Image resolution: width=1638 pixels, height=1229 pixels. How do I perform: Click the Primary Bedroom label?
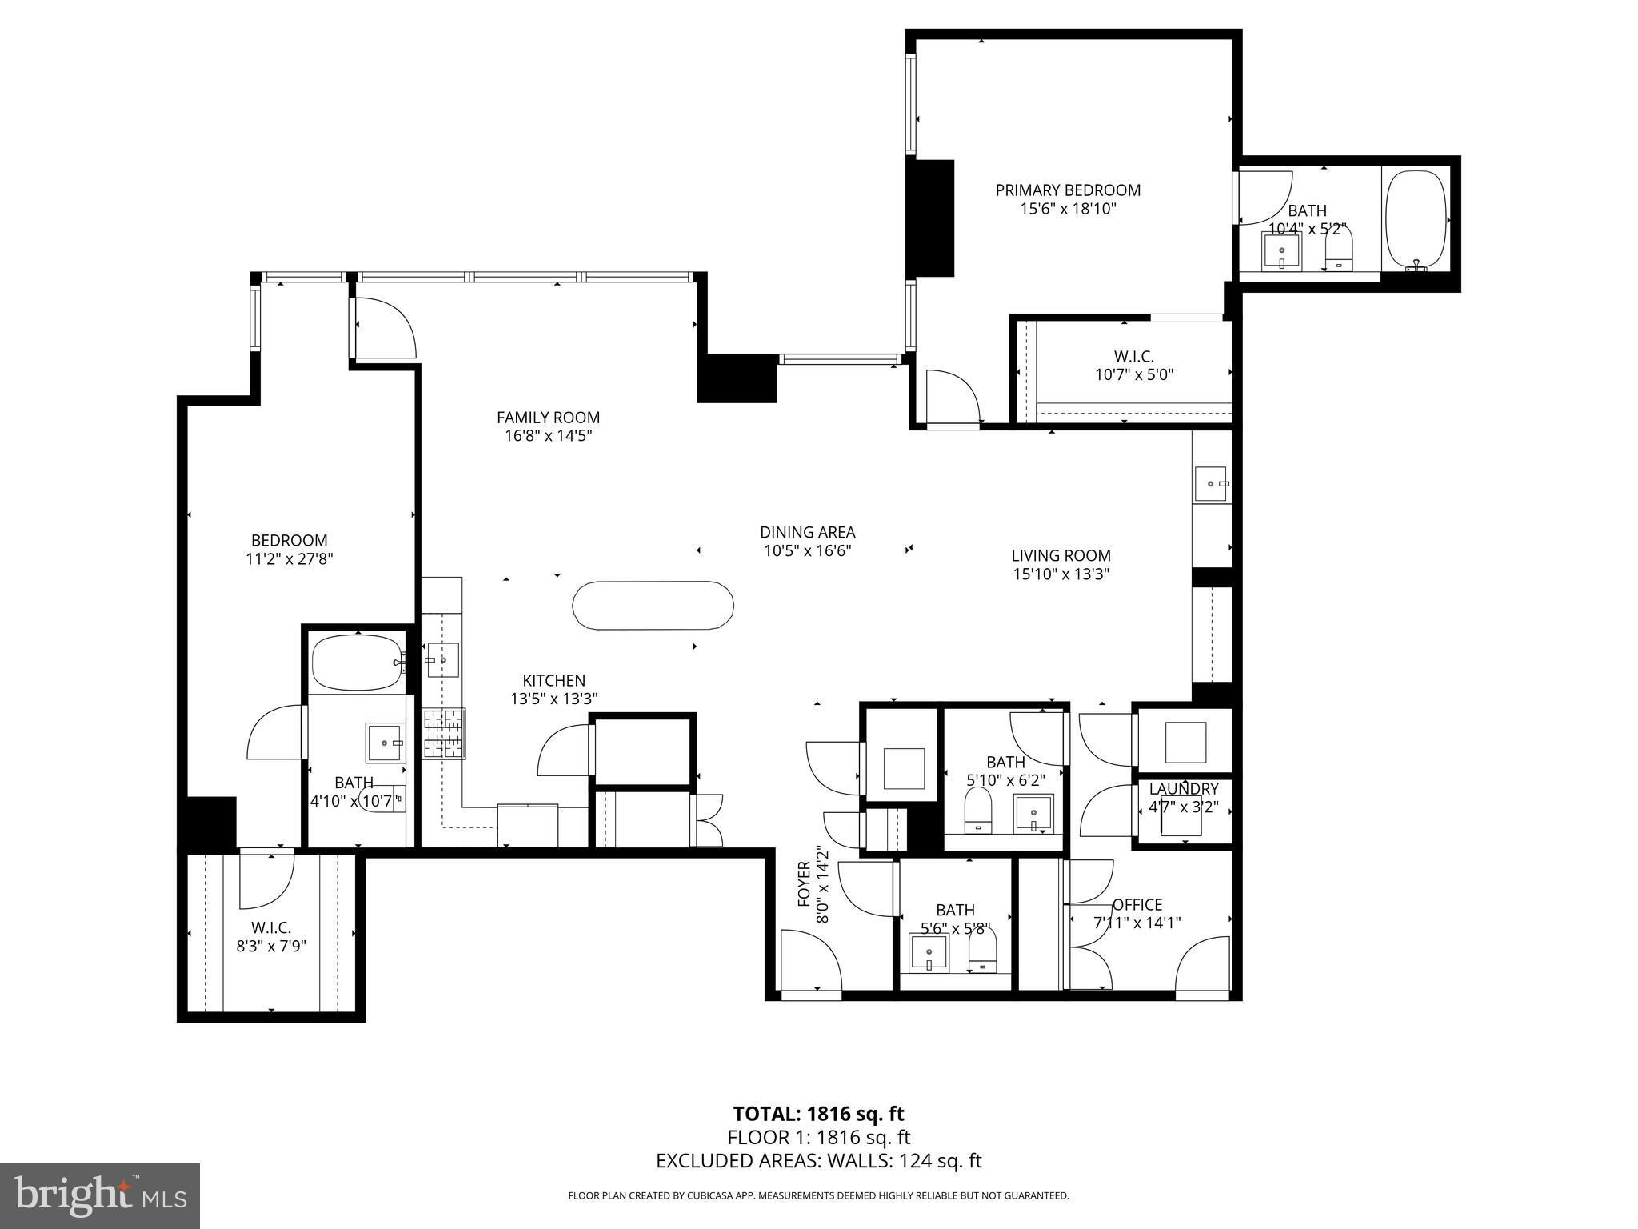pyautogui.click(x=1068, y=190)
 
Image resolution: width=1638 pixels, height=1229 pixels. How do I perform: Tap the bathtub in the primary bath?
pyautogui.click(x=1416, y=220)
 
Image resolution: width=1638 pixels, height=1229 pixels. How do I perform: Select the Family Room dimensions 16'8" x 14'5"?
pyautogui.click(x=548, y=436)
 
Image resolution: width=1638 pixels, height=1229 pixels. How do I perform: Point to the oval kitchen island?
pyautogui.click(x=653, y=606)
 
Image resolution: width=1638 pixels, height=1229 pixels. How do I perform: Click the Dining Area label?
pyautogui.click(x=808, y=532)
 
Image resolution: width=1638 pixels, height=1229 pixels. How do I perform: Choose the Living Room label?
pyautogui.click(x=1061, y=555)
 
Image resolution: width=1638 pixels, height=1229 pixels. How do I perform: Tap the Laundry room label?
pyautogui.click(x=1184, y=790)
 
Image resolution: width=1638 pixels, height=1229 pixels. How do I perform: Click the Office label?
pyautogui.click(x=1137, y=905)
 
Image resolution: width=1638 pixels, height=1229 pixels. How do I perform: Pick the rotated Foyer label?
pyautogui.click(x=805, y=884)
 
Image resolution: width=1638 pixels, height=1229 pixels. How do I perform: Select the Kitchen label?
pyautogui.click(x=553, y=681)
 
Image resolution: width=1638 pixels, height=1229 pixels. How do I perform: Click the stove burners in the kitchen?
pyautogui.click(x=444, y=733)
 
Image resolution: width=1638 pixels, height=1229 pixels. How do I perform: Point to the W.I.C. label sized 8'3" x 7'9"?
pyautogui.click(x=271, y=928)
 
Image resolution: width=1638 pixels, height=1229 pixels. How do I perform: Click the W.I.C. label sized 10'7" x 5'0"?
pyautogui.click(x=1134, y=357)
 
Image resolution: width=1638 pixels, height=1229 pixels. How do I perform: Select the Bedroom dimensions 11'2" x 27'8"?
pyautogui.click(x=290, y=559)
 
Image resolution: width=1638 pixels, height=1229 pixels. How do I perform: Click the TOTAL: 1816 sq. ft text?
pyautogui.click(x=819, y=1114)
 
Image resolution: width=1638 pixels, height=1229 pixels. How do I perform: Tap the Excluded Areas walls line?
pyautogui.click(x=819, y=1161)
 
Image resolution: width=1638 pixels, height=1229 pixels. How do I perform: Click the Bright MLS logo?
pyautogui.click(x=100, y=1196)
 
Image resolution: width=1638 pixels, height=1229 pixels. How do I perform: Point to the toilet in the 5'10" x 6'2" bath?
pyautogui.click(x=978, y=809)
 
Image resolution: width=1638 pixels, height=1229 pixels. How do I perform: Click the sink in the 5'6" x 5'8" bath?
pyautogui.click(x=929, y=953)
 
